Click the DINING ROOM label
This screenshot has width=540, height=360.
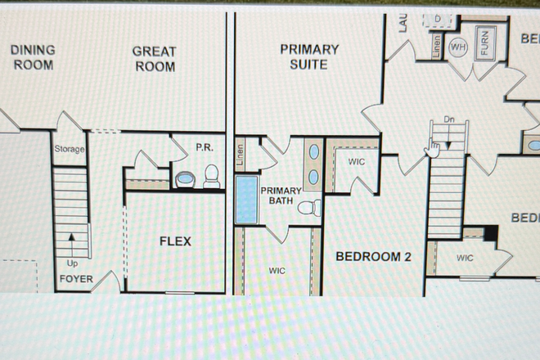tap(33, 56)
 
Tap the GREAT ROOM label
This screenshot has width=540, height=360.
tap(154, 58)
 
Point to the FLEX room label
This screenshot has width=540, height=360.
tap(174, 241)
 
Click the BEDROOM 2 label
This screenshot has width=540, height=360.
tap(374, 257)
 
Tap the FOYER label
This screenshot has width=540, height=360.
tap(76, 280)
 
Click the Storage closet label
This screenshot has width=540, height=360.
tap(69, 150)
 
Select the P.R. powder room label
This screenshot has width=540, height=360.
tap(205, 148)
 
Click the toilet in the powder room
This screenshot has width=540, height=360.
tap(211, 176)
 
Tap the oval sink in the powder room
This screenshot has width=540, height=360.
tap(185, 178)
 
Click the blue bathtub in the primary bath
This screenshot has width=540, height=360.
tap(245, 200)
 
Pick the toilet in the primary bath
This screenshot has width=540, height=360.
tap(308, 208)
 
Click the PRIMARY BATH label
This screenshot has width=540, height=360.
tap(281, 196)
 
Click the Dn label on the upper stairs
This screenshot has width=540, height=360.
tap(448, 119)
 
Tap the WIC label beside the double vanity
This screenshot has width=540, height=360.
tap(356, 162)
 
